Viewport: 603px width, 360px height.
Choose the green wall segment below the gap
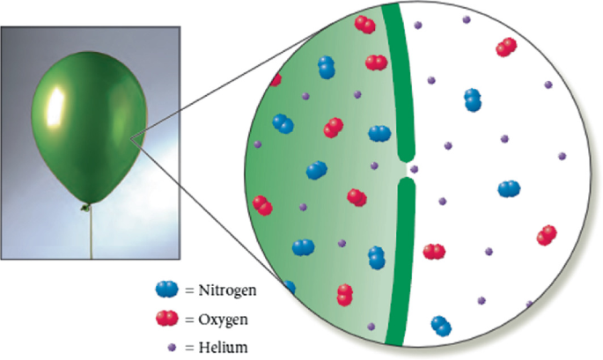click(401, 264)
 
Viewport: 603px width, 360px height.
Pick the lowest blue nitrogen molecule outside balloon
click(440, 327)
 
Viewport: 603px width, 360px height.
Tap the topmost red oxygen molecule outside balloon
click(506, 47)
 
